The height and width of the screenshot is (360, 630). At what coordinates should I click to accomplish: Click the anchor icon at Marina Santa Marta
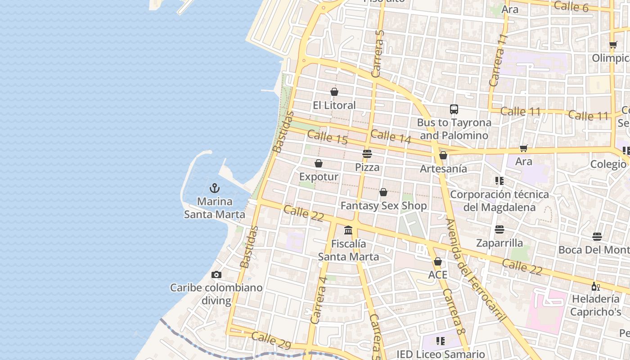pyautogui.click(x=215, y=188)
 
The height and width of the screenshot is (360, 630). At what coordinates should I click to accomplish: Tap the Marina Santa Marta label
pyautogui.click(x=215, y=208)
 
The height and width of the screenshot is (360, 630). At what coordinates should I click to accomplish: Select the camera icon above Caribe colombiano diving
pyautogui.click(x=216, y=274)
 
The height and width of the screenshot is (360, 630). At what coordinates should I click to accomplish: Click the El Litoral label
pyautogui.click(x=334, y=105)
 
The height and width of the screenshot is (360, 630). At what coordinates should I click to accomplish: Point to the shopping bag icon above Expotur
pyautogui.click(x=319, y=163)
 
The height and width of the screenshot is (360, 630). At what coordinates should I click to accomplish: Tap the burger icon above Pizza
pyautogui.click(x=367, y=154)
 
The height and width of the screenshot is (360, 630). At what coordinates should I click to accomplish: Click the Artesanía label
pyautogui.click(x=443, y=169)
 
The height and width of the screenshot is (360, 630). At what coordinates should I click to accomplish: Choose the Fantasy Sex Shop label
pyautogui.click(x=383, y=206)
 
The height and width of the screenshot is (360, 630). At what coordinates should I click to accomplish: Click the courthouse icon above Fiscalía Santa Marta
pyautogui.click(x=348, y=230)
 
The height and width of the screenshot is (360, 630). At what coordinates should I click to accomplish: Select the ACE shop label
pyautogui.click(x=438, y=275)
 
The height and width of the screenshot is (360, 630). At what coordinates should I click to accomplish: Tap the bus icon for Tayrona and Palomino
pyautogui.click(x=454, y=109)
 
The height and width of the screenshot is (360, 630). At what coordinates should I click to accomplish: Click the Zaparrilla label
pyautogui.click(x=499, y=243)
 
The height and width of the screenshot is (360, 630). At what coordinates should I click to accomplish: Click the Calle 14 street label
pyautogui.click(x=391, y=136)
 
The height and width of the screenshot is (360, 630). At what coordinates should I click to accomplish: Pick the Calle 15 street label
pyautogui.click(x=328, y=137)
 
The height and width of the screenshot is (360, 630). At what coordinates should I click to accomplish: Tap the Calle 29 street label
pyautogui.click(x=271, y=340)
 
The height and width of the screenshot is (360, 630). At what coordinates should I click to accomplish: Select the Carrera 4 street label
pyautogui.click(x=319, y=299)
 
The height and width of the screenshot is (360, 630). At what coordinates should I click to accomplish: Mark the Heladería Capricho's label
pyautogui.click(x=596, y=305)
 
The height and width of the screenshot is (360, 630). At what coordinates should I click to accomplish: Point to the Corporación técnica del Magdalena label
pyautogui.click(x=499, y=201)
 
